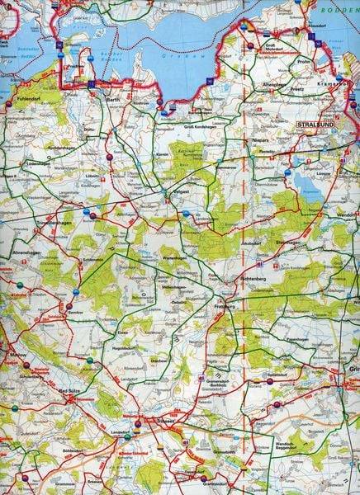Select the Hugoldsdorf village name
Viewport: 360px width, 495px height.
point(122,349)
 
